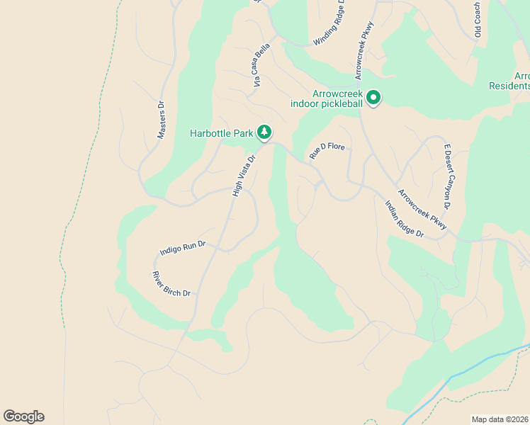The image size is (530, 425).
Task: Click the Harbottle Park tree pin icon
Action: tap(264, 132)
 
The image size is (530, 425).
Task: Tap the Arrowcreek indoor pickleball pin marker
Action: tap(373, 98)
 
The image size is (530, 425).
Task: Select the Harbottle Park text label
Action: tap(222, 133)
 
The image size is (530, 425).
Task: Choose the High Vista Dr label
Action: tap(243, 175)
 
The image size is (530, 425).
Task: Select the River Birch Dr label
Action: tap(171, 284)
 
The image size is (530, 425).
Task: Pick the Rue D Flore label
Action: tap(327, 150)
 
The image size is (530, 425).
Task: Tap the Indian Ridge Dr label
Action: tap(403, 219)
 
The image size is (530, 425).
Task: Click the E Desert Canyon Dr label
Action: tap(447, 176)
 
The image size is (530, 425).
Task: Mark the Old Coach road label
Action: tap(479, 19)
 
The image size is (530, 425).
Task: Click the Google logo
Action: tap(23, 416)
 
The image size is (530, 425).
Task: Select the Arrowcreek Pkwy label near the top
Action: tap(364, 53)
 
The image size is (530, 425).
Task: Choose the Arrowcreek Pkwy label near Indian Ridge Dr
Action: tap(422, 210)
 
